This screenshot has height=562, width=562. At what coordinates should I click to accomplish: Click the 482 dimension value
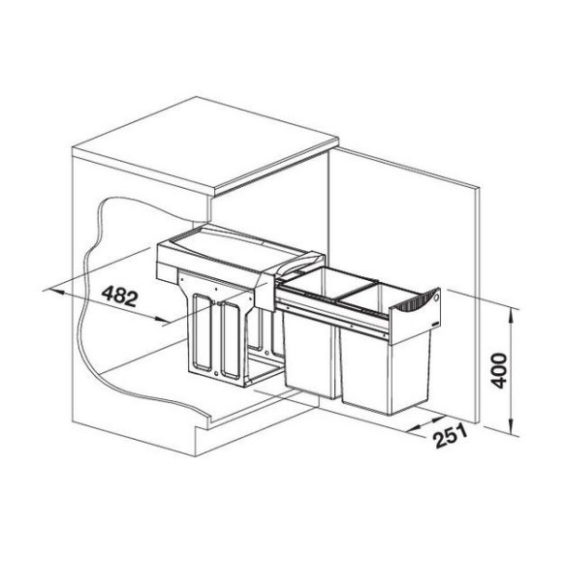pyautogui.click(x=119, y=297)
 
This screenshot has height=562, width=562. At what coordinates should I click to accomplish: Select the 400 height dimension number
pyautogui.click(x=499, y=370)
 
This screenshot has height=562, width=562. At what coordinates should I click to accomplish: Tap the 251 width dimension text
pyautogui.click(x=451, y=435)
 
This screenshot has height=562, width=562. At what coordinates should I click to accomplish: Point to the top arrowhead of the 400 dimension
pyautogui.click(x=512, y=317)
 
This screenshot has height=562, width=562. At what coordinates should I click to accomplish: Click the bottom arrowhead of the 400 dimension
pyautogui.click(x=513, y=428)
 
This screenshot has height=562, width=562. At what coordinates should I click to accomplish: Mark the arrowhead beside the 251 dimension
pyautogui.click(x=415, y=427)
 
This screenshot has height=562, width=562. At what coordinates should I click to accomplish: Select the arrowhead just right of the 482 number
pyautogui.click(x=161, y=318)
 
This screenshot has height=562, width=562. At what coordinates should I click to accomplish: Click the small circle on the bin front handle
pyautogui.click(x=435, y=297)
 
